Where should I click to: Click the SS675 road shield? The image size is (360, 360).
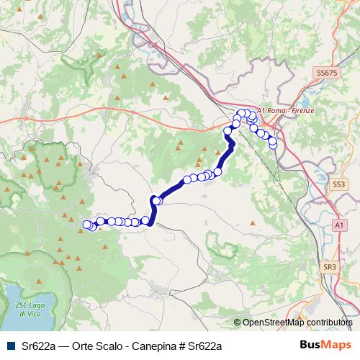click(x=326, y=73)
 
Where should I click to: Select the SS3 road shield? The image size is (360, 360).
click(x=339, y=185)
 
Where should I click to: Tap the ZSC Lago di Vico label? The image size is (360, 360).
click(x=21, y=309)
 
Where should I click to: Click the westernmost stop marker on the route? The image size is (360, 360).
click(x=87, y=225)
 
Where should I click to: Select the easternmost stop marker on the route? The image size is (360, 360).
click(x=273, y=145)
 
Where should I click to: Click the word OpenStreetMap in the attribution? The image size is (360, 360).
click(x=274, y=323)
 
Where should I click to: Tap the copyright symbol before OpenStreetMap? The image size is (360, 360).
click(x=238, y=323)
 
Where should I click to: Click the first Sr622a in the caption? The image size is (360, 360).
click(x=37, y=346)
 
